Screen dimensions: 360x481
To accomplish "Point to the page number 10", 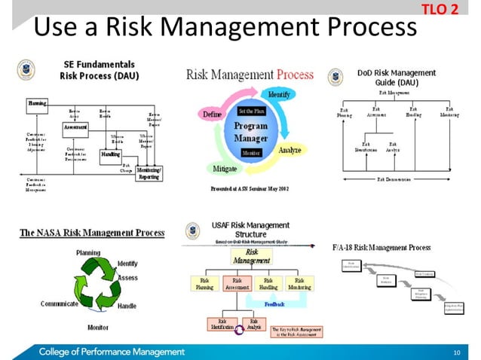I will (x=456, y=352).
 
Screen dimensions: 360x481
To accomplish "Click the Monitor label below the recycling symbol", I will (x=97, y=328).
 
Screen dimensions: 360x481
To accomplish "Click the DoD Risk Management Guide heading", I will (x=396, y=78).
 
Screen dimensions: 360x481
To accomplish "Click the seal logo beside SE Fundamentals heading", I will (x=25, y=70).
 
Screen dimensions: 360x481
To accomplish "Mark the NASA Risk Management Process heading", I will (x=91, y=233).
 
